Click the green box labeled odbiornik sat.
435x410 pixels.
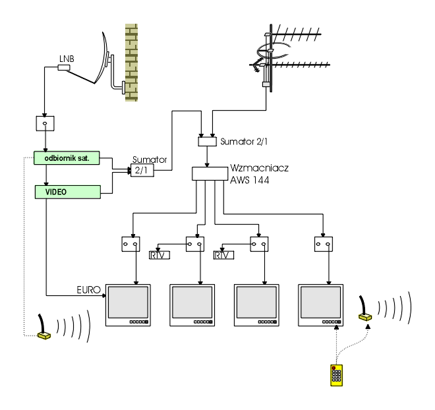[67, 158]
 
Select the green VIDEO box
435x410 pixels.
[68, 192]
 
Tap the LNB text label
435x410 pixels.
[67, 59]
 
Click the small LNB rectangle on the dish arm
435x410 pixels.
[64, 67]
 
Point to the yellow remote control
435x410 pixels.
[336, 375]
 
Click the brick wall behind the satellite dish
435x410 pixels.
[131, 63]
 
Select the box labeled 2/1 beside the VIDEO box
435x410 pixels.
[142, 170]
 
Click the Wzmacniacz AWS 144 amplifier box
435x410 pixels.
[210, 173]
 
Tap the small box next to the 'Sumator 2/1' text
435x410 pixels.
[207, 142]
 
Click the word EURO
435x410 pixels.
[88, 290]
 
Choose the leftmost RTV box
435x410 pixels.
[159, 255]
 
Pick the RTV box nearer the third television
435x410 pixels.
[223, 255]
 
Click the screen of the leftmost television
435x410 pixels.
[128, 302]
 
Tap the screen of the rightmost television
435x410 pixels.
[321, 302]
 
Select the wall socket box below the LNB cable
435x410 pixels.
[45, 123]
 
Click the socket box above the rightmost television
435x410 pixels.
[324, 244]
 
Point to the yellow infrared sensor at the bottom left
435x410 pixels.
[44, 336]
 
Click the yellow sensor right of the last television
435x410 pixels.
[365, 317]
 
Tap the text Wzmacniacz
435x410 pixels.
[259, 168]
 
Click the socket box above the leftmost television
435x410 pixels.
[130, 244]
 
